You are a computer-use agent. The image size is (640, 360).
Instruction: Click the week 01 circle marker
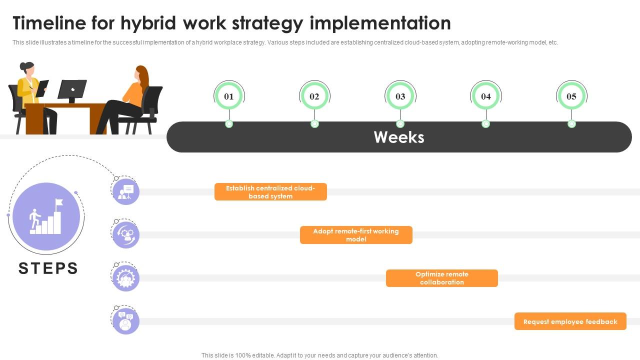229,96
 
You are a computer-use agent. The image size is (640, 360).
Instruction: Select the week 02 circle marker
314,96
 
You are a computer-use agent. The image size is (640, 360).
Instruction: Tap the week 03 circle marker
400,96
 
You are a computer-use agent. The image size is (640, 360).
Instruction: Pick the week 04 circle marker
486,96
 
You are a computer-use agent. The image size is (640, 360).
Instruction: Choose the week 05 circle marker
571,96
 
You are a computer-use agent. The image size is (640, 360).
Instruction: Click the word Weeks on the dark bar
399,137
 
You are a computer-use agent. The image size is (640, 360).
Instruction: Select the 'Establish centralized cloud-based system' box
270,192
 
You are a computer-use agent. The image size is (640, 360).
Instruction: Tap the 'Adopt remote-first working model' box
356,235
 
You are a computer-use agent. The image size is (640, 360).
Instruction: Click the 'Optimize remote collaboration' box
441,278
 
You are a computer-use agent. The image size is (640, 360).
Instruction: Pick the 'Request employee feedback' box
570,321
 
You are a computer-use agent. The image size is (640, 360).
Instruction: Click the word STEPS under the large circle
48,268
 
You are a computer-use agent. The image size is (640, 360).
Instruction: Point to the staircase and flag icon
46,216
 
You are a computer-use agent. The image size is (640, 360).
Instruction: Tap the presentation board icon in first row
125,192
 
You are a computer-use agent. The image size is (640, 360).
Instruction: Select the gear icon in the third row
125,278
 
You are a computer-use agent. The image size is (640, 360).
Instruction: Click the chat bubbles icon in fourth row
125,321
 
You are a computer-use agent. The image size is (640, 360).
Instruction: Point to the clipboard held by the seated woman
42,88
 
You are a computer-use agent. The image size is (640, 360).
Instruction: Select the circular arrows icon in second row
125,235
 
